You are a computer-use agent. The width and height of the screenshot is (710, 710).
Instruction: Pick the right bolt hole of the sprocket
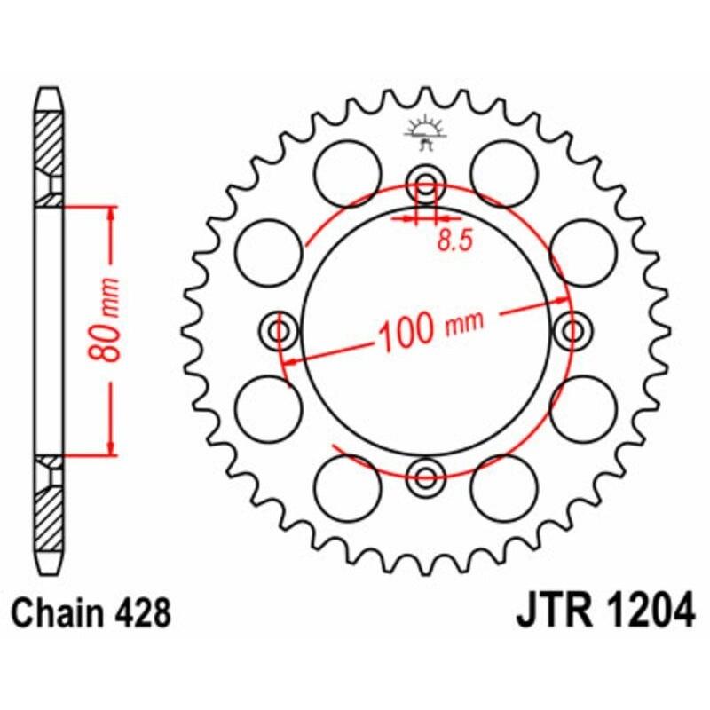point(572,331)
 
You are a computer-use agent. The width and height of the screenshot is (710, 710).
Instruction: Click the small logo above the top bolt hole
point(424,130)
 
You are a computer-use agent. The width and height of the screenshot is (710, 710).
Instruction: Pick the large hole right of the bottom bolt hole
point(503,485)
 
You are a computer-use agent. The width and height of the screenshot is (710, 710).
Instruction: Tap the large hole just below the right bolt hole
point(583,407)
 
